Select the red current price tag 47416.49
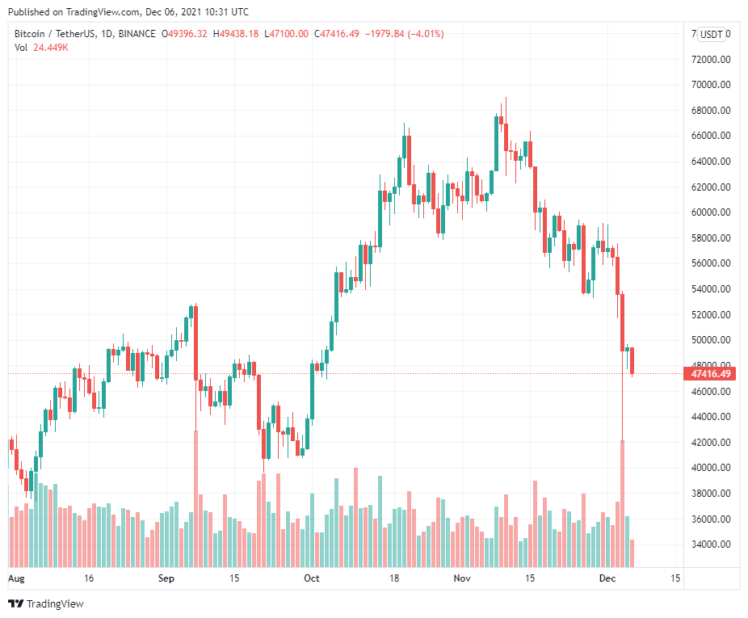tap(711, 374)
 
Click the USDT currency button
tap(711, 34)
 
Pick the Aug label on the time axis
tap(17, 578)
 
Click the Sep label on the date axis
tap(166, 578)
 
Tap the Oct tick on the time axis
tap(312, 578)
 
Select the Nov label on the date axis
tap(462, 578)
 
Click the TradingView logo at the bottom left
tap(46, 603)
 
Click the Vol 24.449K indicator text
tap(41, 48)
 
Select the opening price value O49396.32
tap(185, 34)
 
